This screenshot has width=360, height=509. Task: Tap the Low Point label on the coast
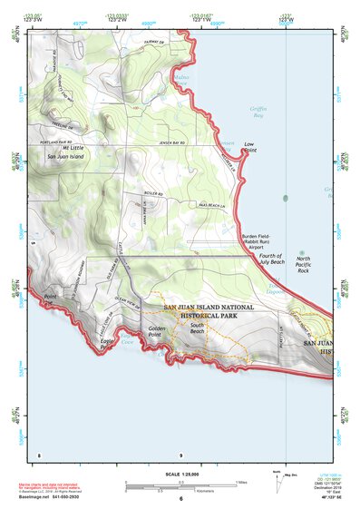(x=248, y=147)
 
